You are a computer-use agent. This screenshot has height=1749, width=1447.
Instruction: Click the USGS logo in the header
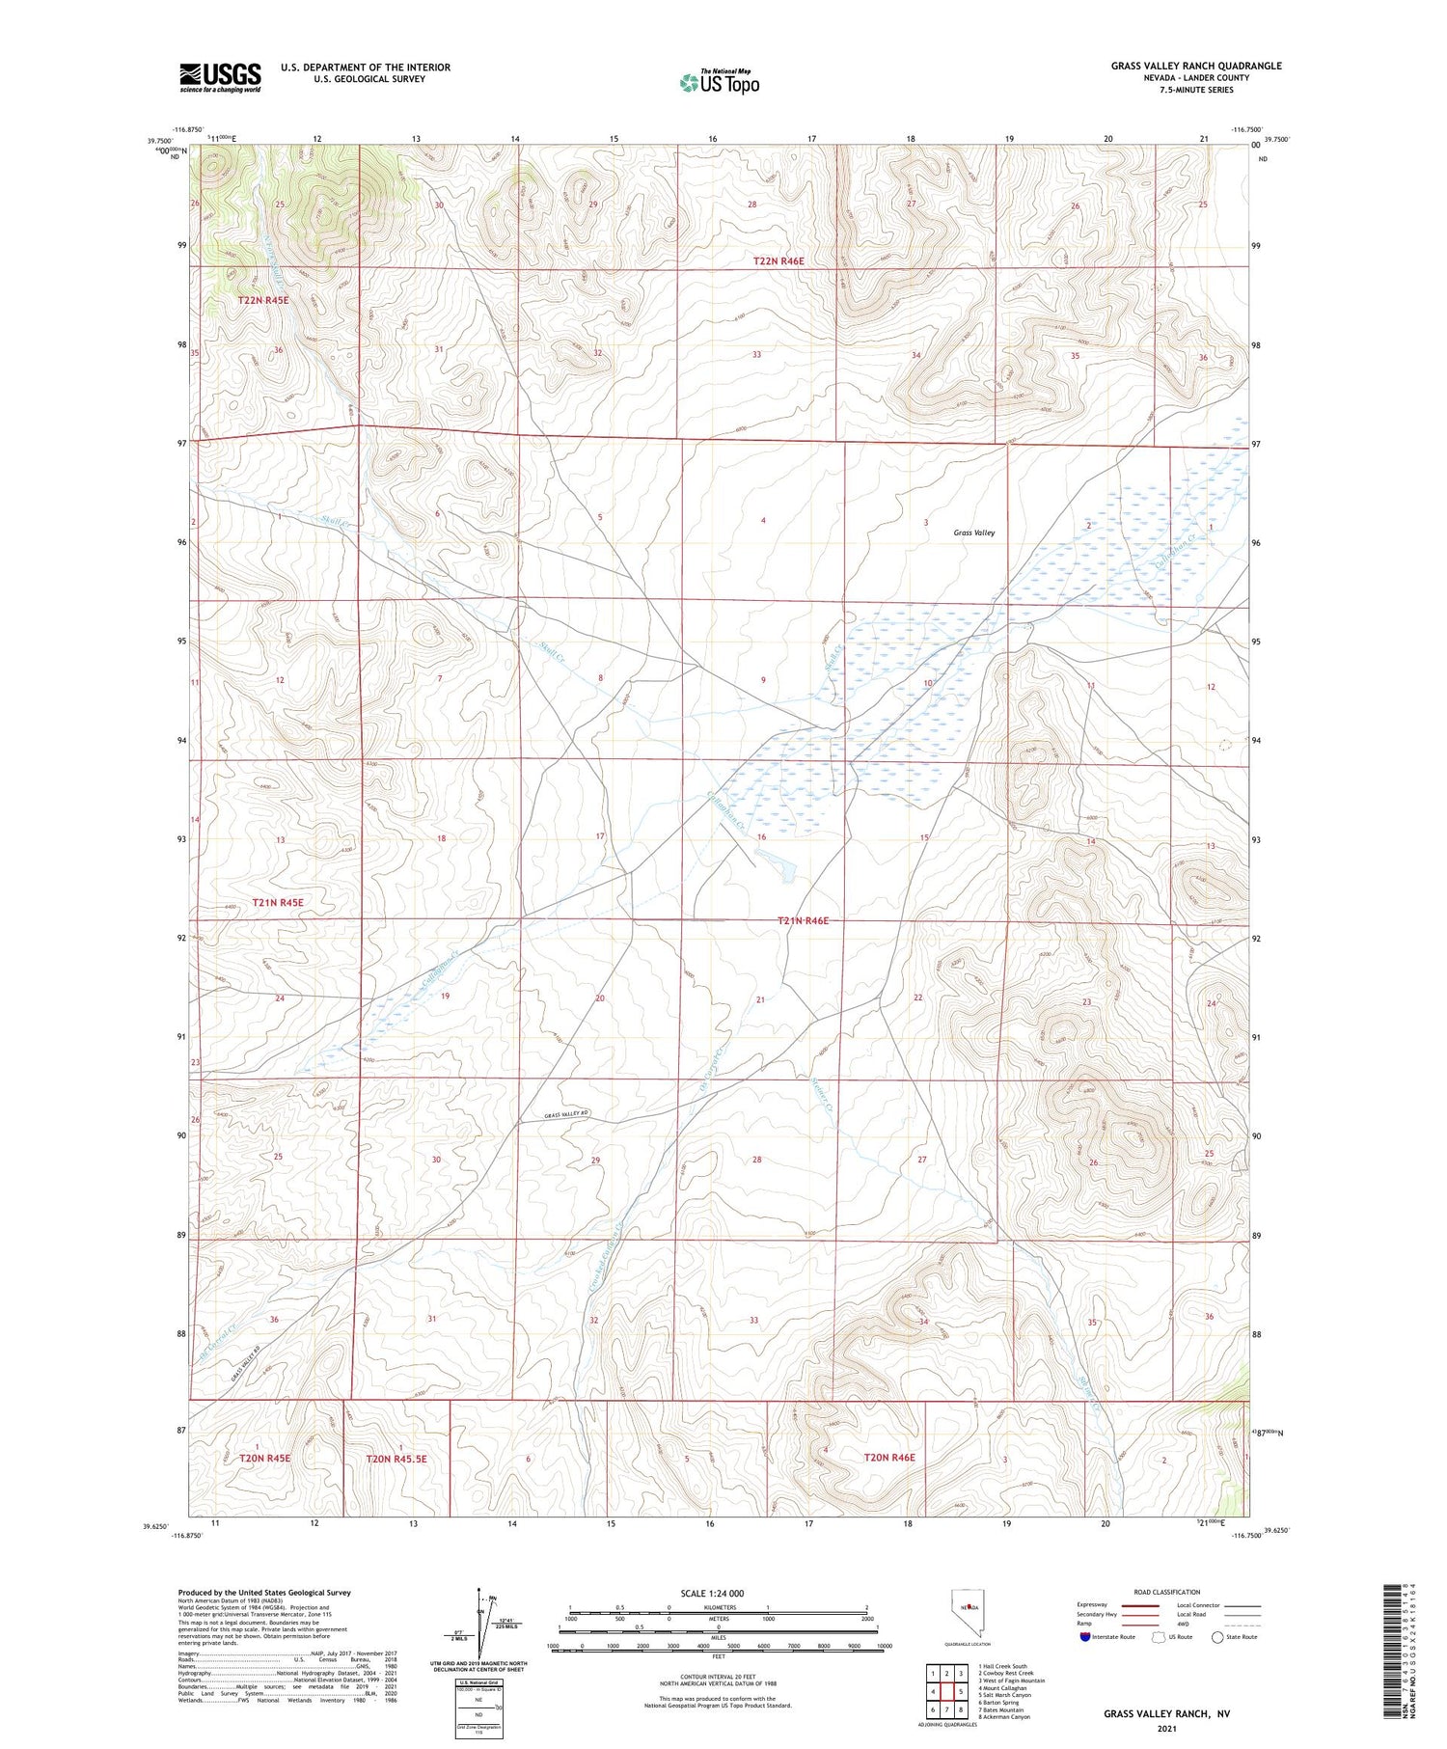click(220, 77)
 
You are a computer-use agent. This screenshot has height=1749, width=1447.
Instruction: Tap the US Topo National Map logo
click(719, 82)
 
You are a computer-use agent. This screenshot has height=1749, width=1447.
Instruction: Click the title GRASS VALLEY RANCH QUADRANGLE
click(1195, 66)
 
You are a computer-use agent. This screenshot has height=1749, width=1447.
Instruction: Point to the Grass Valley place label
click(973, 533)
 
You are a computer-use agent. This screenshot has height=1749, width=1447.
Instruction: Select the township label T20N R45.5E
click(396, 1459)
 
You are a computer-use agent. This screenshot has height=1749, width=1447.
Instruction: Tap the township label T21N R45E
click(278, 903)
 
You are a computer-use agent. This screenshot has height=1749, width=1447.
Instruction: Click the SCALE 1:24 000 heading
click(712, 1593)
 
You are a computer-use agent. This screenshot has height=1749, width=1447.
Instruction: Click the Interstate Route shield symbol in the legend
click(1084, 1636)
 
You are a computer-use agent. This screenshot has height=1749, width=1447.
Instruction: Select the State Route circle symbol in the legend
click(1217, 1636)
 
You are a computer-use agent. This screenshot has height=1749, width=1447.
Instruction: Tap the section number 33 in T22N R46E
click(756, 354)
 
